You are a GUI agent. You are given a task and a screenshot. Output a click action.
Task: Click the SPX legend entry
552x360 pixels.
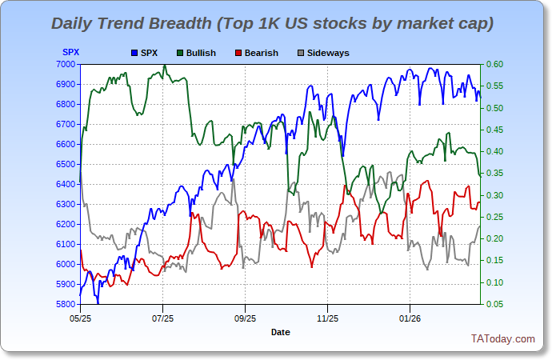[149, 53]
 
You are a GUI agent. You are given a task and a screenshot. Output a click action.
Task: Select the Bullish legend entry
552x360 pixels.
[200, 53]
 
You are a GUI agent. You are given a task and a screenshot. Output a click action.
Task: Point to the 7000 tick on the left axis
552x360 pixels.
[66, 64]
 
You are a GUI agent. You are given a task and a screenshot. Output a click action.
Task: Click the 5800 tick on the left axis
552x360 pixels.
[66, 304]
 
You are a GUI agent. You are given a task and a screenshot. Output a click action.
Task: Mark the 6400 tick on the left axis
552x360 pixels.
[66, 184]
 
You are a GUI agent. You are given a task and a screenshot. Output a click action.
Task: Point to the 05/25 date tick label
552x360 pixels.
[80, 317]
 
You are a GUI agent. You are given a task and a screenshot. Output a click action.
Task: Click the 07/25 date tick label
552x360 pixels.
[162, 317]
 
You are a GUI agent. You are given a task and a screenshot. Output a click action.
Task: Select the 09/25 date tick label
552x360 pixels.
[245, 317]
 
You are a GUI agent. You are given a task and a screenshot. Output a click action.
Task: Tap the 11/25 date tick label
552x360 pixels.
[327, 317]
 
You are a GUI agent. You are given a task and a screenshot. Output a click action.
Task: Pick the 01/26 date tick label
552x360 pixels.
[410, 317]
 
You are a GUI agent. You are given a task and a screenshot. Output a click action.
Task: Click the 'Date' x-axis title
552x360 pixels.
[280, 331]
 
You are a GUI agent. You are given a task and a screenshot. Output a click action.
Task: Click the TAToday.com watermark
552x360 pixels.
[502, 339]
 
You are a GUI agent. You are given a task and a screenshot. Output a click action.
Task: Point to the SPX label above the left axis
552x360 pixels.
[70, 53]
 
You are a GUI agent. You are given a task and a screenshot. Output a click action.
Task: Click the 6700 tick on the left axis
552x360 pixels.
[66, 124]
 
